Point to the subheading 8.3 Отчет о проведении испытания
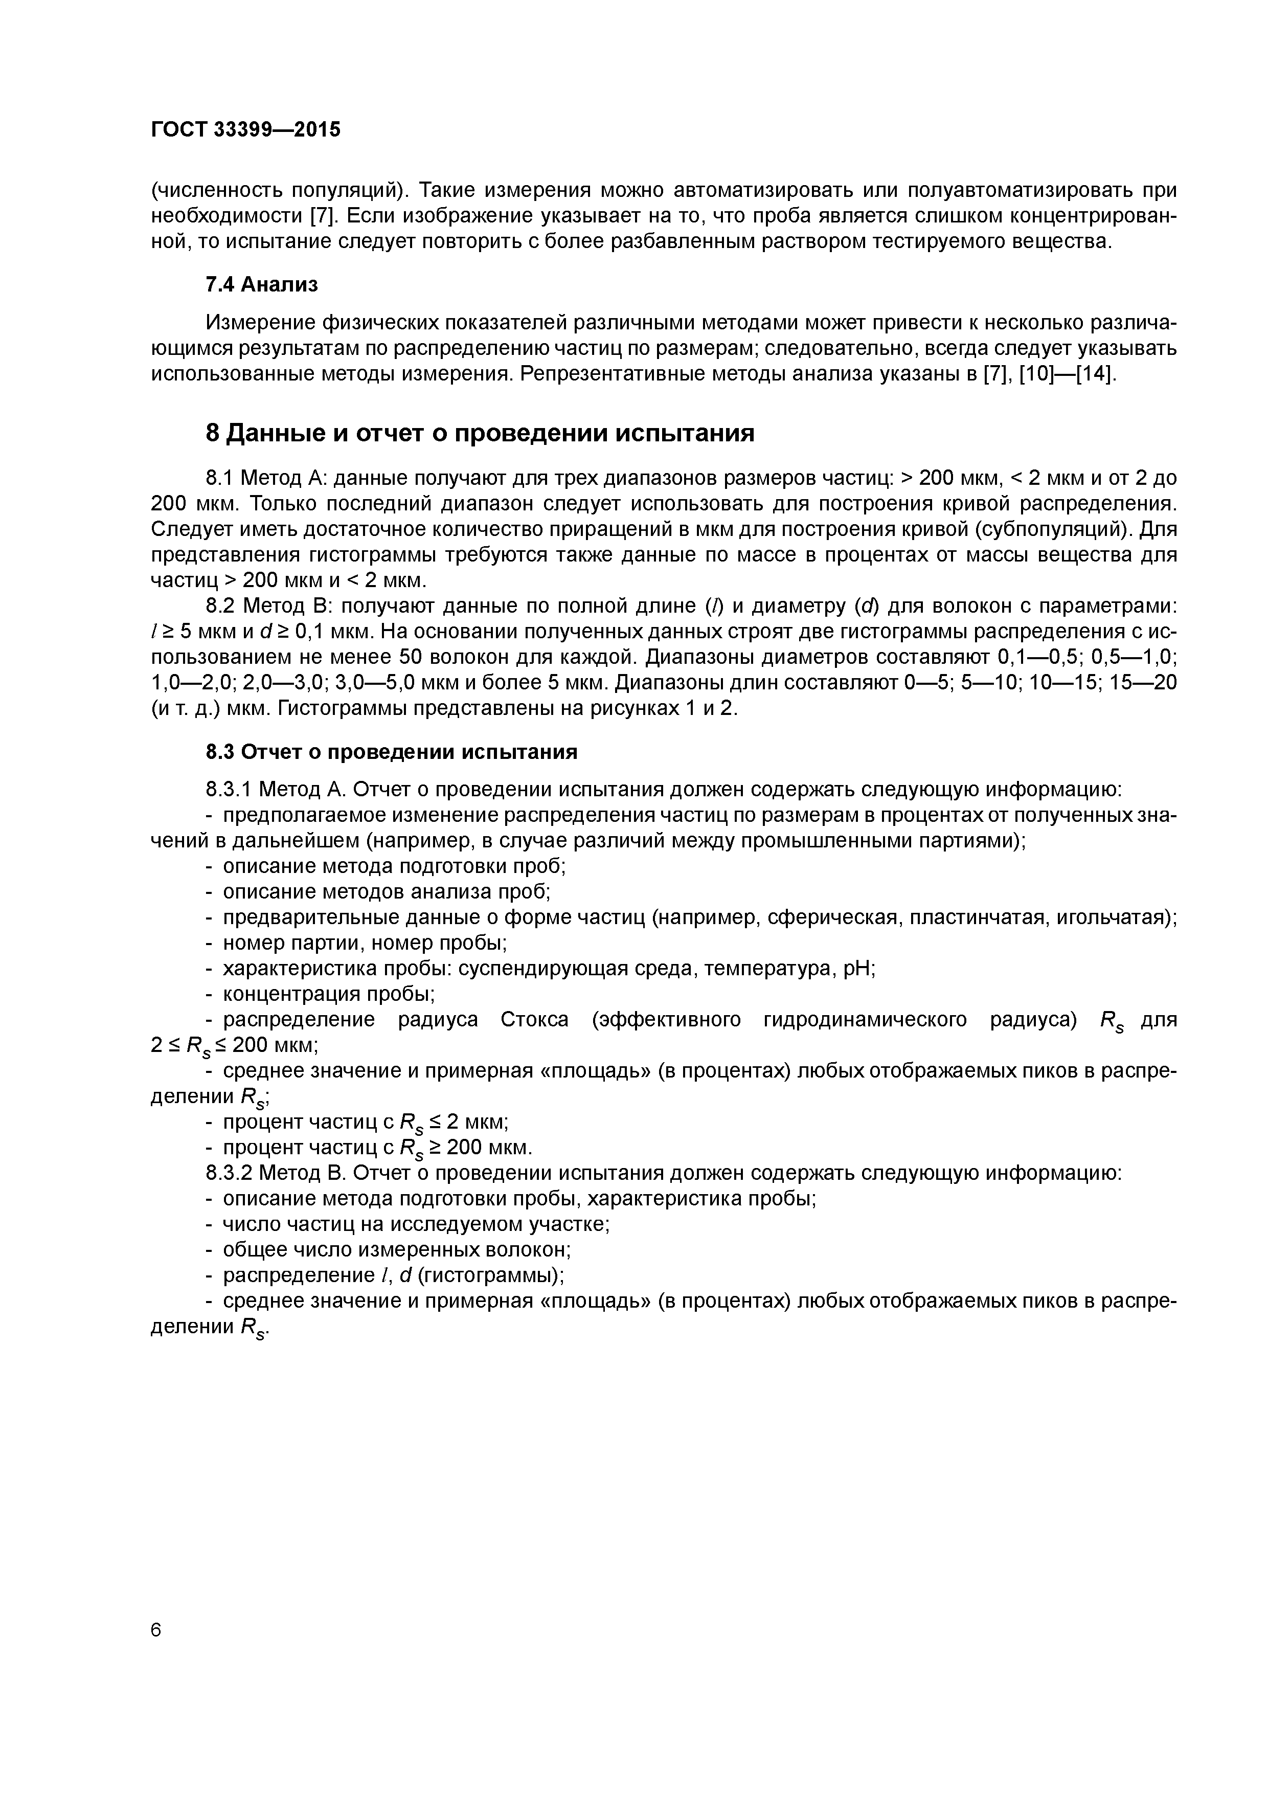391,752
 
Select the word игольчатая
1110,917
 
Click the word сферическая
831,917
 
